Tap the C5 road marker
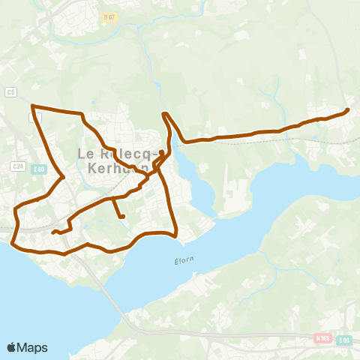coord(10,91)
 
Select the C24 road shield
coord(18,166)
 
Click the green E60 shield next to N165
coord(344,340)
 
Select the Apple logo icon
coord(12,347)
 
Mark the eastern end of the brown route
coord(347,111)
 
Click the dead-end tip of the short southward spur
coord(121,217)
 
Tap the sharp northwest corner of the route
coord(32,106)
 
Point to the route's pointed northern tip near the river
coord(164,113)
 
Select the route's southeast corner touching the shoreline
coord(175,235)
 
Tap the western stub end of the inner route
coord(52,232)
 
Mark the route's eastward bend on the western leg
coord(62,177)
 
